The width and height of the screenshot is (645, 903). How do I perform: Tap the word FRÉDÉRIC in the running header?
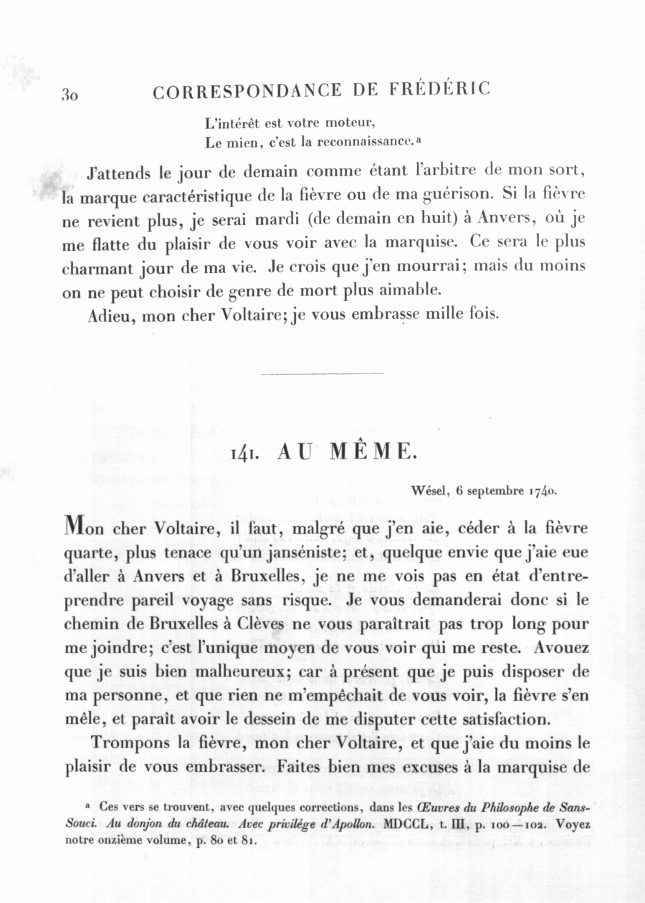click(x=441, y=90)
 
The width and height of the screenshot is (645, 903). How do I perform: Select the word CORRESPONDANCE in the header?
click(x=248, y=91)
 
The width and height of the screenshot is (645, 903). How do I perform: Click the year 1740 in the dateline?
click(x=542, y=492)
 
